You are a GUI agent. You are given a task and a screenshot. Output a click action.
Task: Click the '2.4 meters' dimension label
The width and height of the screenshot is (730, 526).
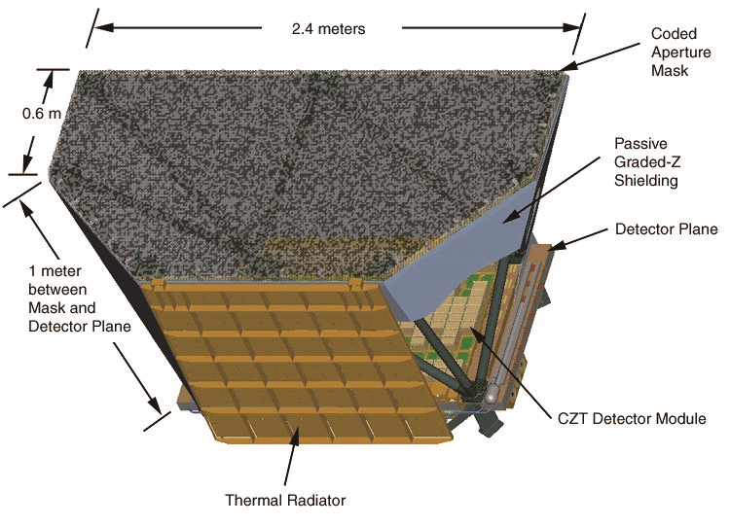tap(328, 28)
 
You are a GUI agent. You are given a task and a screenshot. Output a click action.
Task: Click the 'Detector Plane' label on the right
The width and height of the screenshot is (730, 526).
tap(667, 230)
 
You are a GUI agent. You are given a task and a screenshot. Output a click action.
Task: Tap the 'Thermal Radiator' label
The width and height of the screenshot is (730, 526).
tap(285, 501)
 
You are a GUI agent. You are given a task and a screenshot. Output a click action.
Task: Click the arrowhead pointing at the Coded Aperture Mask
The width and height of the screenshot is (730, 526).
tap(567, 67)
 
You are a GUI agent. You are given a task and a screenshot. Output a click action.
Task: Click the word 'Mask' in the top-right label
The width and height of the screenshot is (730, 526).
tap(671, 71)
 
